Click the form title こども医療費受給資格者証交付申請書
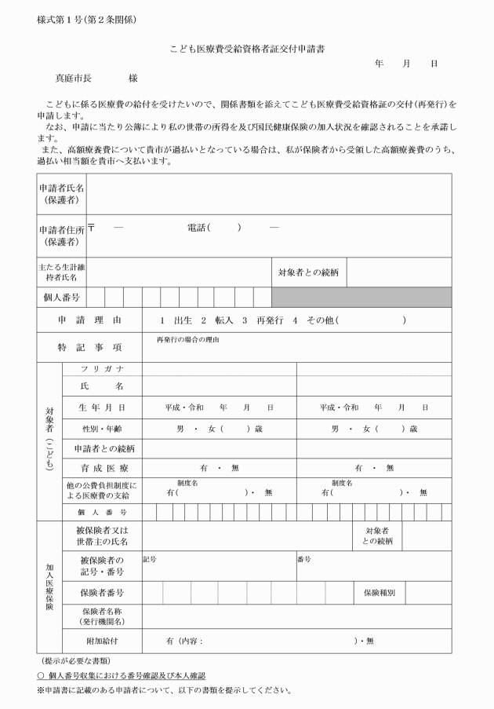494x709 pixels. pyautogui.click(x=247, y=49)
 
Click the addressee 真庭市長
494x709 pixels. pyautogui.click(x=73, y=79)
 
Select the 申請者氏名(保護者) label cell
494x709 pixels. pyautogui.click(x=62, y=193)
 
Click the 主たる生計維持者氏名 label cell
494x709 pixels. pyautogui.click(x=62, y=272)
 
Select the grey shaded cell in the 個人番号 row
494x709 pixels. pyautogui.click(x=361, y=297)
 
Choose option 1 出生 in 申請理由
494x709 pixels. pyautogui.click(x=176, y=320)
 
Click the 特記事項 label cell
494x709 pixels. pyautogui.click(x=89, y=347)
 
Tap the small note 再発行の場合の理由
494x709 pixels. pyautogui.click(x=187, y=339)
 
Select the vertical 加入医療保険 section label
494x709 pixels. pyautogui.click(x=49, y=586)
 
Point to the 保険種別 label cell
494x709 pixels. pyautogui.click(x=379, y=592)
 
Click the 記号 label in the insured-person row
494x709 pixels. pyautogui.click(x=150, y=559)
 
